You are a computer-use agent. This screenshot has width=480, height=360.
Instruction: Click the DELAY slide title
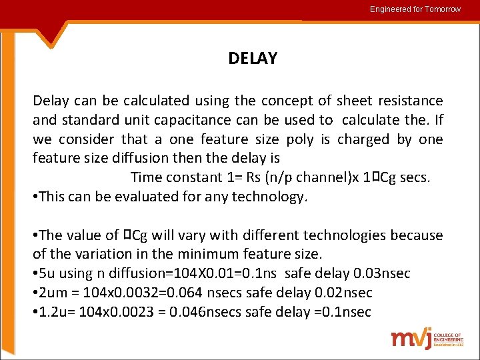click(252, 59)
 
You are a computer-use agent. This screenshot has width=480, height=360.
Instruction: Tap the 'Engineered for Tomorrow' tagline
click(415, 9)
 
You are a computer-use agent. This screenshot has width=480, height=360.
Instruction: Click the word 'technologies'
click(346, 235)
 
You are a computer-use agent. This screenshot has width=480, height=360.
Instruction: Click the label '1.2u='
click(57, 313)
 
